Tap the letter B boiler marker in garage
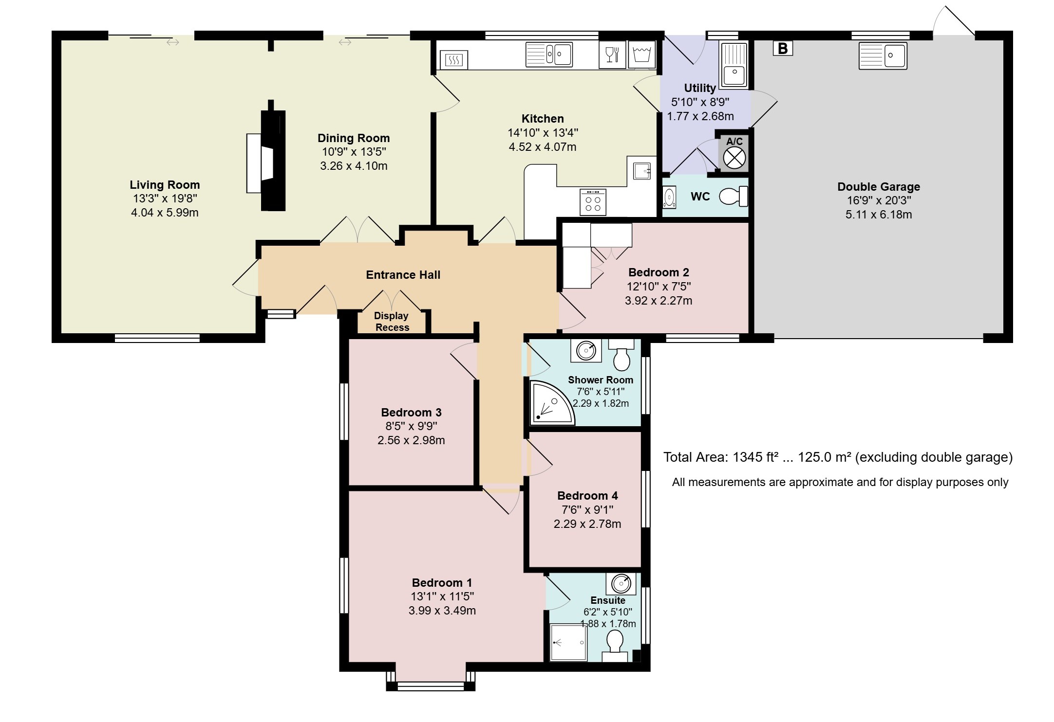click(783, 49)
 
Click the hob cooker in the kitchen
click(593, 202)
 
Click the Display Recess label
click(392, 322)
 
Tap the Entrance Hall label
click(403, 275)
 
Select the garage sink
click(883, 56)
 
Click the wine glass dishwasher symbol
click(612, 54)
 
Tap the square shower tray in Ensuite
click(568, 643)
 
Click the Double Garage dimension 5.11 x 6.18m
click(879, 215)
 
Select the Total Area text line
click(838, 457)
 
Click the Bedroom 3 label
click(411, 413)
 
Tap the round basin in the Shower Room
click(586, 350)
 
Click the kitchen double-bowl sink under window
click(549, 54)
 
